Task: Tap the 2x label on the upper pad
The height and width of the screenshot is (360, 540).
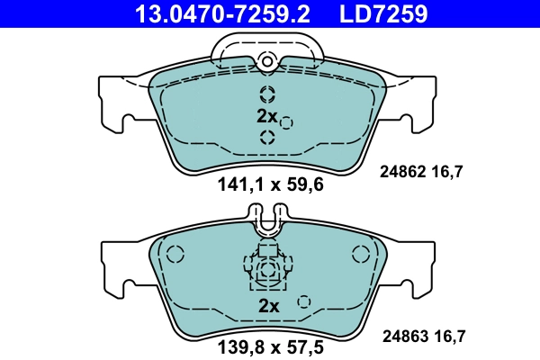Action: [266, 116]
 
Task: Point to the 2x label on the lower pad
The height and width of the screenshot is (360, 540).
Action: [269, 306]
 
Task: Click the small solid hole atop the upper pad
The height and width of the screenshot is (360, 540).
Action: [266, 61]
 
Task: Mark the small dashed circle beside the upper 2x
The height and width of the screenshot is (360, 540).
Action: [287, 122]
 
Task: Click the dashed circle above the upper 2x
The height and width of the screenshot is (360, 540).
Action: [267, 94]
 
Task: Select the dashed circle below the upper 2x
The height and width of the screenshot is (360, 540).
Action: [267, 137]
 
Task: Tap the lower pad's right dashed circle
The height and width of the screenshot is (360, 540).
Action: [361, 255]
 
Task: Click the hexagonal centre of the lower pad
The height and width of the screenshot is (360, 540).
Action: [267, 269]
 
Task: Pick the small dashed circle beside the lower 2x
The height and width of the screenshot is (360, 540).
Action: [304, 301]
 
